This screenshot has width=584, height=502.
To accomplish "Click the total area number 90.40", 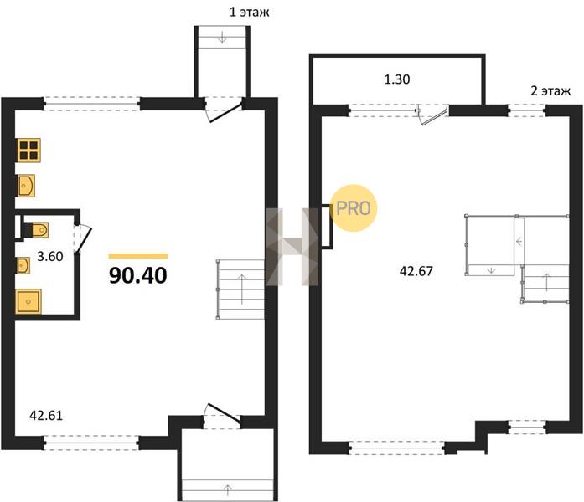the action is pos(137,275).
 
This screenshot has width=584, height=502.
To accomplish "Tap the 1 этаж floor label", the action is pos(249,13).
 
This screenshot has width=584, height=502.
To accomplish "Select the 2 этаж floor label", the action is pos(550,90).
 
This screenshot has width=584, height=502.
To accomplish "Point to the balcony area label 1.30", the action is pos(397,79).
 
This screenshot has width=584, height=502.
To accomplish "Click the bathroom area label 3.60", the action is pos(50,256).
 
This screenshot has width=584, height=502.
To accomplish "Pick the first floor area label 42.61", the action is pos(46,415).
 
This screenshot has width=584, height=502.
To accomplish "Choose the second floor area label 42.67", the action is pos(416,271).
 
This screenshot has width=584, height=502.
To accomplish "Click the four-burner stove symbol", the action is pos(28,151).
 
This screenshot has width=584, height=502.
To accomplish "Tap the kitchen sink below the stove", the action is pos(26,185).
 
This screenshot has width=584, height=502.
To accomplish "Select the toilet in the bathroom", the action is pos(36,230).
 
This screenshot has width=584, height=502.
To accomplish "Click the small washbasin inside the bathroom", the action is pos(23,265).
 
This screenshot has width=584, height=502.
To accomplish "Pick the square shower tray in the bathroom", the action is pos(28,301).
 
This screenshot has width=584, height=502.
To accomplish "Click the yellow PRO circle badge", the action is pos(354,208).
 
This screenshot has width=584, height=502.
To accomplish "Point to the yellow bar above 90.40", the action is pos(137,256).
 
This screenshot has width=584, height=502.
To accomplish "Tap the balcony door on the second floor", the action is pos(432,115).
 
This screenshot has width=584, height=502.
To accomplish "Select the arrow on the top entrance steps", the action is pos(222,37).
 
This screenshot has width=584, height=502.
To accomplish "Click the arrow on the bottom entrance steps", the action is pos(228,489).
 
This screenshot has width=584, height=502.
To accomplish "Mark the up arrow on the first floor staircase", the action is pos(242,289).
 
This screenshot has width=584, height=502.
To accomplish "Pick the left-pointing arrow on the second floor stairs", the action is pos(519,242).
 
